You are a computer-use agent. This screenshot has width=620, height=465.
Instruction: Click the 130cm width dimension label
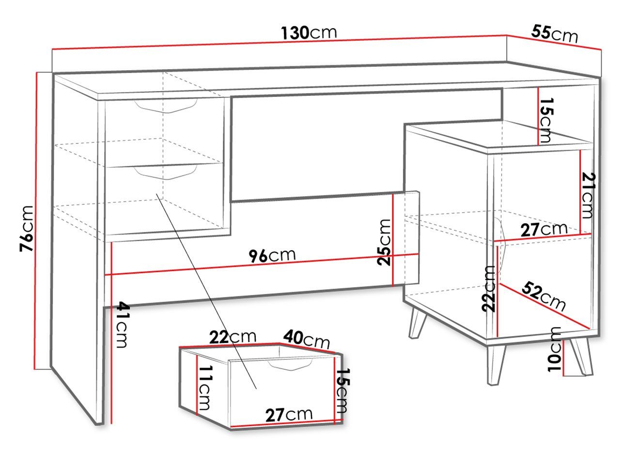pos(309,33)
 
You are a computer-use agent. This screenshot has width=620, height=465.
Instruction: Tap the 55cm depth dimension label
pos(554,34)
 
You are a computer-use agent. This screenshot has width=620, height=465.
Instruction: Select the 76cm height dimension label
pos(27,229)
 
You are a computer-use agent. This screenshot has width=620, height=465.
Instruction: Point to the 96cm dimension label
pos(272,256)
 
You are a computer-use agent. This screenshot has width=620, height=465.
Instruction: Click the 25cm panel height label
pos(384,242)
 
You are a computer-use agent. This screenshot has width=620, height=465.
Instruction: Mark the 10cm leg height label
pos(554,349)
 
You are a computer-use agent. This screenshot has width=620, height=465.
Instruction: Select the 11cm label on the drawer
pos(205,388)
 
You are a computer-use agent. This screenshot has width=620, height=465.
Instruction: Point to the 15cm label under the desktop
pos(546,120)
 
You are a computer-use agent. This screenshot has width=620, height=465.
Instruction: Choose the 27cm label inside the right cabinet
pos(544,229)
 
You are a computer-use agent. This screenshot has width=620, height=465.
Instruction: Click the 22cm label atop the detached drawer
pos(233,337)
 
